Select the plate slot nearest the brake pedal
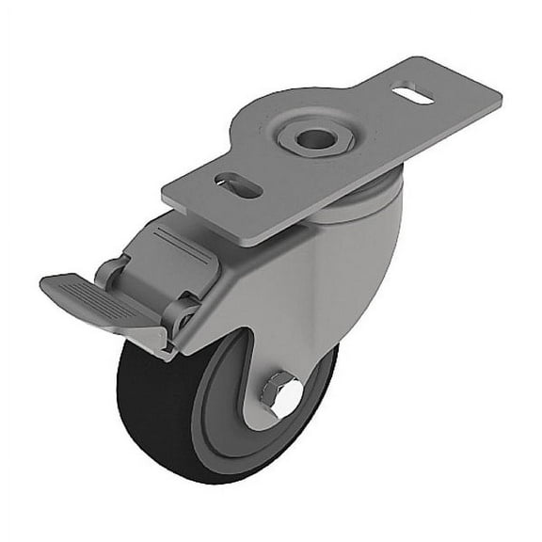pos(238,184)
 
